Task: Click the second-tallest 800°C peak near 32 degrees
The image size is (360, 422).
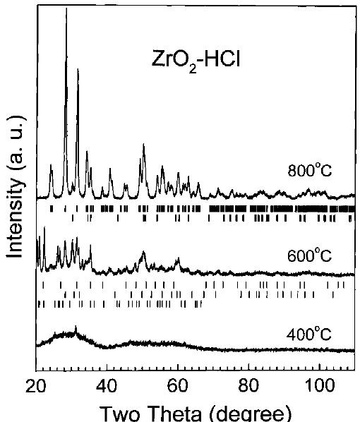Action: pyautogui.click(x=78, y=70)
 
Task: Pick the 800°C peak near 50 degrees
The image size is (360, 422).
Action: pyautogui.click(x=143, y=145)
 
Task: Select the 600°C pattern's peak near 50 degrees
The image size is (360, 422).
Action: pyautogui.click(x=143, y=253)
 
